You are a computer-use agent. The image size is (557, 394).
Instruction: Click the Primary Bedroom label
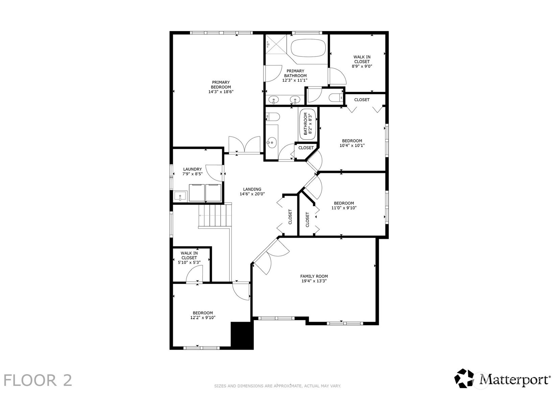(x=221, y=87)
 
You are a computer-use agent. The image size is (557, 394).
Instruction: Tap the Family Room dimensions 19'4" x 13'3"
(x=314, y=281)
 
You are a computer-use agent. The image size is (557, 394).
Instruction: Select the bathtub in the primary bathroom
(x=308, y=48)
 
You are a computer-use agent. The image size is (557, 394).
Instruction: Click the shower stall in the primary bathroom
(x=276, y=44)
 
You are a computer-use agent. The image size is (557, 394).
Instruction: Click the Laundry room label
(x=192, y=169)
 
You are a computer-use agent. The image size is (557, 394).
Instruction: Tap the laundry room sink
(x=180, y=196)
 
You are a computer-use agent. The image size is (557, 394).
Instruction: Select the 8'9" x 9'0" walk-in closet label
(x=362, y=62)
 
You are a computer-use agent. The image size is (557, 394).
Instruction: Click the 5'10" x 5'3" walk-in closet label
(x=189, y=258)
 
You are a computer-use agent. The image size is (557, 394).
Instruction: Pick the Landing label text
(x=252, y=189)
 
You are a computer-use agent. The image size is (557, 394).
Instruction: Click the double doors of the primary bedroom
(x=244, y=145)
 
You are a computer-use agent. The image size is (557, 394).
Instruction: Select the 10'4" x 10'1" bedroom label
(x=352, y=143)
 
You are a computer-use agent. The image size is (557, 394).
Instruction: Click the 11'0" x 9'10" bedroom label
(x=344, y=206)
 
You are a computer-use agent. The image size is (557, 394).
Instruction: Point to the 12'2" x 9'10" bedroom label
(x=203, y=315)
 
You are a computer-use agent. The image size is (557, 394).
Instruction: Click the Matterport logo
(x=502, y=378)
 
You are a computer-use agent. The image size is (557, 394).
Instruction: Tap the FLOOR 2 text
(x=38, y=380)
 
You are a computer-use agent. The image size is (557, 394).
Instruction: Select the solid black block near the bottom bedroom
(x=242, y=335)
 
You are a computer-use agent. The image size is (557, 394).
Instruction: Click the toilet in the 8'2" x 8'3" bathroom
(x=273, y=117)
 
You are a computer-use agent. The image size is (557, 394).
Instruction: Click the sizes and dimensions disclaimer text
(x=277, y=386)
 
